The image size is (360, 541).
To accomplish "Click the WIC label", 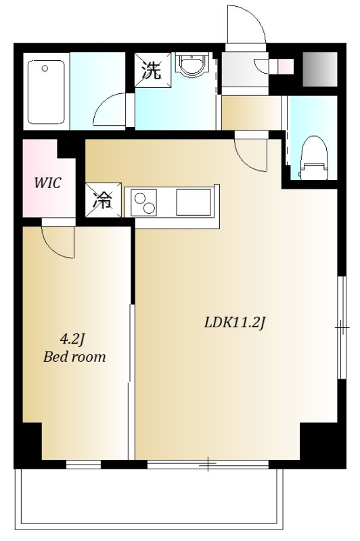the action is tap(47, 183).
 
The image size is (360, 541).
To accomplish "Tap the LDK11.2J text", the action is tap(234, 323).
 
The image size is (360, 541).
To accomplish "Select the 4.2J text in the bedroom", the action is tap(72, 340).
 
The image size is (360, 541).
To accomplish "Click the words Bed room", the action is tap(74, 357).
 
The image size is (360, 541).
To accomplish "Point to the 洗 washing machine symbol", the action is tap(153, 70).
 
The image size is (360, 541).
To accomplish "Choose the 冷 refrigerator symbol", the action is tap(104, 200).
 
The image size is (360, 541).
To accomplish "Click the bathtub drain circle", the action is tap(45, 68).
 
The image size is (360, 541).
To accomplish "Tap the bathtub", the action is tap(46, 92).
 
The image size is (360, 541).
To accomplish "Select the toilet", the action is tap(313, 158).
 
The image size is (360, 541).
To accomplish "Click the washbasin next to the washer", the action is tap(192, 64).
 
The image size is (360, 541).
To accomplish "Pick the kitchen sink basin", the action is tap(194, 202).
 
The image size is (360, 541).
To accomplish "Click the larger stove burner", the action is tap(150, 208).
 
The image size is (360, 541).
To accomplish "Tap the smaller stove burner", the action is tap(140, 198).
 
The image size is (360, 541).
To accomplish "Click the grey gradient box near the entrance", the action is tap(319, 69).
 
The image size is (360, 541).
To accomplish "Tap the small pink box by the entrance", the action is tap(286, 66).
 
